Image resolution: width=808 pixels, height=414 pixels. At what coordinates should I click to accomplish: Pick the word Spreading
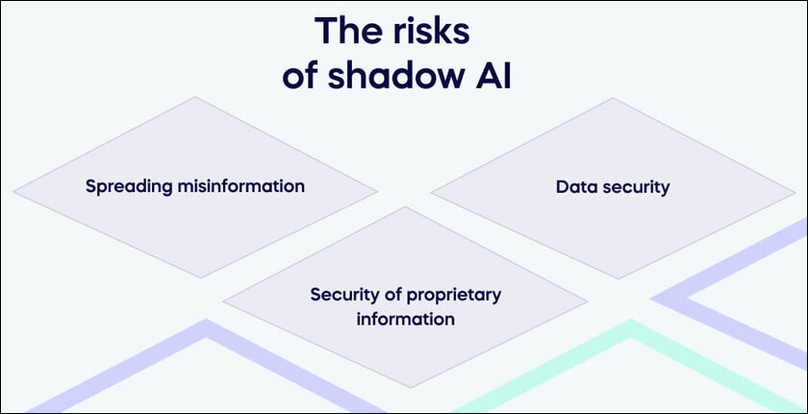[x=129, y=186]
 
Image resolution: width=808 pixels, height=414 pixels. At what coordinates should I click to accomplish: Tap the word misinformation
[x=241, y=185]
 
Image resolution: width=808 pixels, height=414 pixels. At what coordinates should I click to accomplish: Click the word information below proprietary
[x=406, y=319]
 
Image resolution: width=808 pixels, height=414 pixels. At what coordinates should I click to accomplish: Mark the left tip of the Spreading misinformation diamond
[x=13, y=192]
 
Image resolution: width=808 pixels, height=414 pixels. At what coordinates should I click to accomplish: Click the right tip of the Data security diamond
[x=795, y=194]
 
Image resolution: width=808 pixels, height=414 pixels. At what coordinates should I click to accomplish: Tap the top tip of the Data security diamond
[x=613, y=98]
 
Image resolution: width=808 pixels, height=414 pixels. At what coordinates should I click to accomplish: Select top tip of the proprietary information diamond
[x=406, y=207]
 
